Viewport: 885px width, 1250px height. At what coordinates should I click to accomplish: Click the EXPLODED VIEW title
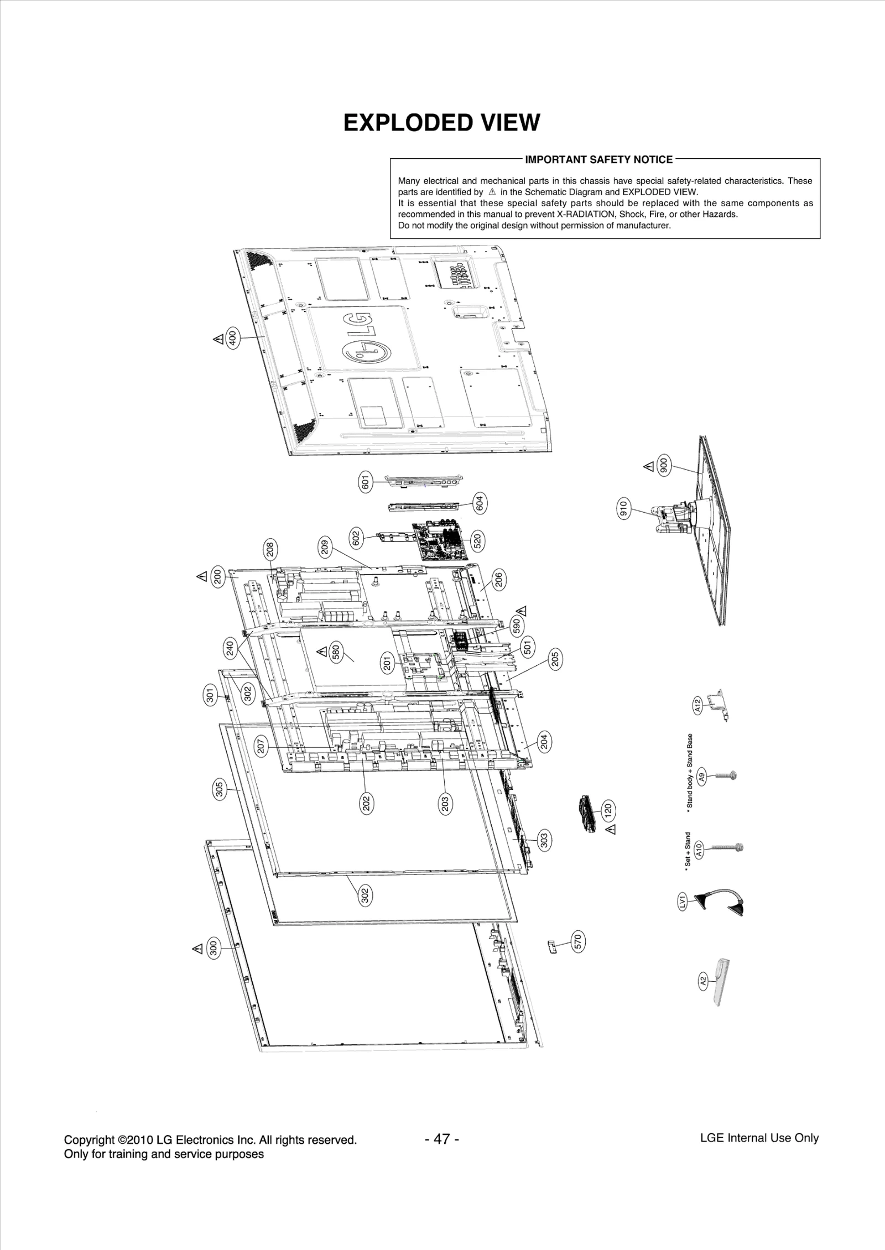point(441,123)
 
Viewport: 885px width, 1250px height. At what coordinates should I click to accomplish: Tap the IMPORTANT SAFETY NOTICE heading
point(598,160)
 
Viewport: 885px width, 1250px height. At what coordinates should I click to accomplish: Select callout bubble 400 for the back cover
point(233,337)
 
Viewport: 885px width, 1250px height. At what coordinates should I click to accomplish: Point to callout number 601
point(365,482)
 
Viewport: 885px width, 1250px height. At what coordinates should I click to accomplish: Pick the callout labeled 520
point(477,540)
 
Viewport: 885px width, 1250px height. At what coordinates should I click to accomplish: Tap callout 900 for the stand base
point(664,466)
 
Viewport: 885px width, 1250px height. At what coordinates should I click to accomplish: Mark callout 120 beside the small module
point(608,811)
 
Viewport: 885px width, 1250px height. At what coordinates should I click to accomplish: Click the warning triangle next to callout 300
point(197,949)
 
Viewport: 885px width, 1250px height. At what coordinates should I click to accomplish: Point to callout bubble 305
point(219,789)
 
